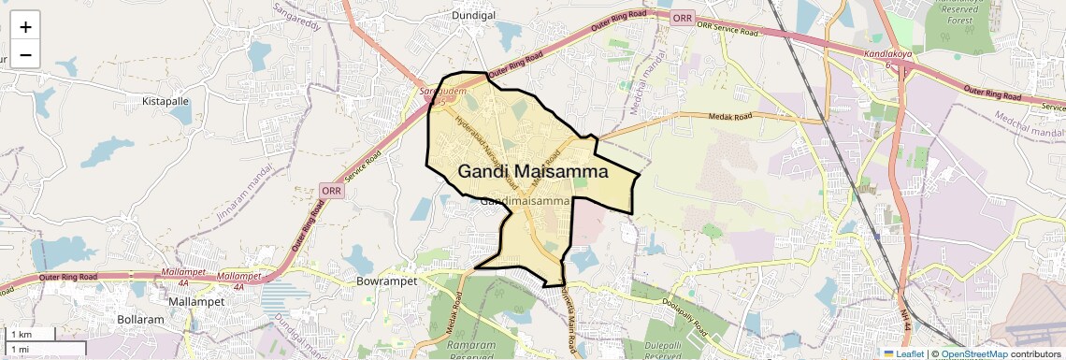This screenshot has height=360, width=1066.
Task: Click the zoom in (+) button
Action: pos(25,27)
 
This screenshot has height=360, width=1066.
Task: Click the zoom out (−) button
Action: pos(25,55)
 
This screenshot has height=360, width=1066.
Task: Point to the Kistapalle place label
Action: pos(165,100)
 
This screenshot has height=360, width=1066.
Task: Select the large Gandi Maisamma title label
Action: pos(533,172)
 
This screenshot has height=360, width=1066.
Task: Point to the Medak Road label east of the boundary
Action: pos(730,118)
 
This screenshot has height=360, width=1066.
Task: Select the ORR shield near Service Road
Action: pos(332,190)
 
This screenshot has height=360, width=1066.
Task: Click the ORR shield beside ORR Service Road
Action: pos(683,19)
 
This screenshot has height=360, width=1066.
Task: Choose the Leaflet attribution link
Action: pos(902,353)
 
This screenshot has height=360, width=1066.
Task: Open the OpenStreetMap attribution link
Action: pos(974,353)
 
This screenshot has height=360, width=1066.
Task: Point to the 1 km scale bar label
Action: pos(22,334)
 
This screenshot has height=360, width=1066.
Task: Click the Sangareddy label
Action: pos(296,16)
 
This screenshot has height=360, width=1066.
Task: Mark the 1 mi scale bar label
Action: pos(20,350)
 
